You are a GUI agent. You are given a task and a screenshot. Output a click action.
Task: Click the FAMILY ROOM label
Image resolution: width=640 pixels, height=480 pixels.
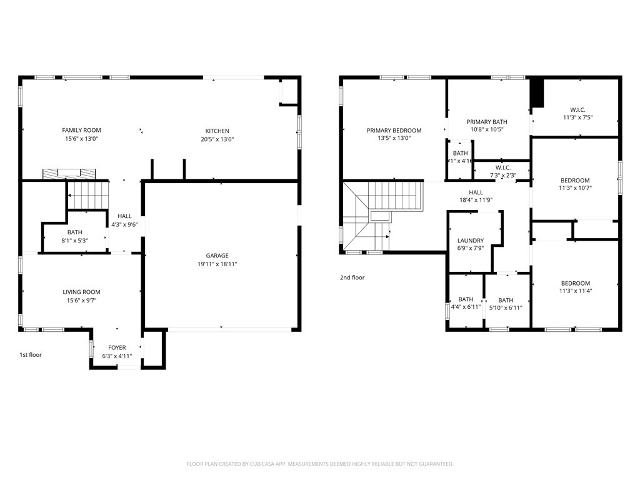(x=81, y=130)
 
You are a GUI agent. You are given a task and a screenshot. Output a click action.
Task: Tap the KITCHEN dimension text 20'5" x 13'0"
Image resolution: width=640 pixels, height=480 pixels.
(x=217, y=139)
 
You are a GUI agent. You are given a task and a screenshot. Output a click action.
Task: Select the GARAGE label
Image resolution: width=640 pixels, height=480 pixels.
(x=217, y=255)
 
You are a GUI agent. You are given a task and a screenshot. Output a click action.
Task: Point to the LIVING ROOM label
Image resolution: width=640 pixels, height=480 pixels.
(x=81, y=292)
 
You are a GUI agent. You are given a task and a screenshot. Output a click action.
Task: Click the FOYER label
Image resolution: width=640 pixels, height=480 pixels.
(x=117, y=347)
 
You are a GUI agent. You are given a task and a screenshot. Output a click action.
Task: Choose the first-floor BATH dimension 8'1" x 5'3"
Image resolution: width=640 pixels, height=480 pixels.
(x=74, y=241)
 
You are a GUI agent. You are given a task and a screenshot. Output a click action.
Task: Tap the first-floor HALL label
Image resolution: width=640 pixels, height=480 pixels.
(x=124, y=216)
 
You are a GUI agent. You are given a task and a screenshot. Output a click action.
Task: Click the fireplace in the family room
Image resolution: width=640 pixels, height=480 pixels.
(x=69, y=173)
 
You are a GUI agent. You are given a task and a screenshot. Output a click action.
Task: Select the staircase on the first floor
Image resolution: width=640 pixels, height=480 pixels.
(x=87, y=194)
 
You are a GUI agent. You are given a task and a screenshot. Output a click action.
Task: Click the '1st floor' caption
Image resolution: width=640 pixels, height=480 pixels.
(x=30, y=355)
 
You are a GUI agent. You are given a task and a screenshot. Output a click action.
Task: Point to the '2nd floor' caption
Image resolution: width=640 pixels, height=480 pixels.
(x=352, y=277)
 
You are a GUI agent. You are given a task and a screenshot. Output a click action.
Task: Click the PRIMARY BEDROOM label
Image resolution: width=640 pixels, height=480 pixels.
(x=394, y=131)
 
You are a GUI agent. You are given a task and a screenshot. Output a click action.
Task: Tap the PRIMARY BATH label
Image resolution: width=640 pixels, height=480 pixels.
(x=487, y=122)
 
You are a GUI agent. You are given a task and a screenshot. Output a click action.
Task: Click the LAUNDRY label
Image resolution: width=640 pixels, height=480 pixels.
(x=470, y=240)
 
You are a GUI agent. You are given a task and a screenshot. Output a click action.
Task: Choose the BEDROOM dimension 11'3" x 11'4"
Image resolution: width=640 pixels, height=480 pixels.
(x=575, y=291)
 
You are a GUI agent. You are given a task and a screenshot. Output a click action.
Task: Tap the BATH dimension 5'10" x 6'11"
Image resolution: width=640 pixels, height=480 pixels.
(x=506, y=307)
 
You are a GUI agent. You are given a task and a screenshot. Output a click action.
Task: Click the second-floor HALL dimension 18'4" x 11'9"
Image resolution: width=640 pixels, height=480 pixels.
(x=476, y=201)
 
